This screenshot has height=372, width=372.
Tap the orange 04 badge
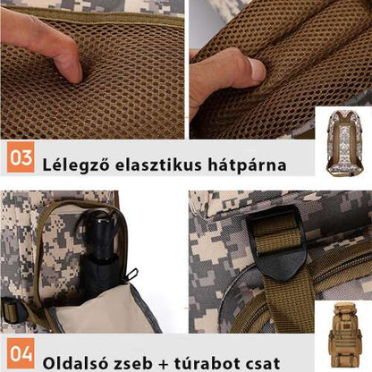click(21, 353)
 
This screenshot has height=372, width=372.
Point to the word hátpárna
click(250, 165)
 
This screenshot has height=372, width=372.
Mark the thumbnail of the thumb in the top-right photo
click(258, 69)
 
